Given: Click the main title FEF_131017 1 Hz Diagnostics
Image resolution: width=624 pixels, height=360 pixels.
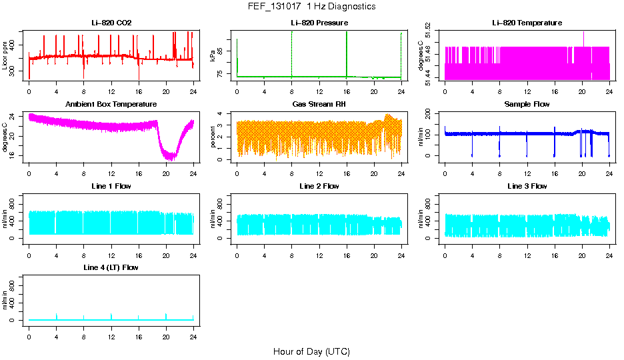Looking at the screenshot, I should tap(311, 7).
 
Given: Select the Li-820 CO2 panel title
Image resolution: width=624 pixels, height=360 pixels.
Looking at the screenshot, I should tap(111, 23).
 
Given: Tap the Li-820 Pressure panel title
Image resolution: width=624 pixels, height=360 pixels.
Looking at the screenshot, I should tap(319, 23).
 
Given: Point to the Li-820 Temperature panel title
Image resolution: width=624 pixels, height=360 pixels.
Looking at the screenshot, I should tap(527, 23).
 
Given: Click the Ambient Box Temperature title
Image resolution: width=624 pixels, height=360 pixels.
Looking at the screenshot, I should tap(111, 104).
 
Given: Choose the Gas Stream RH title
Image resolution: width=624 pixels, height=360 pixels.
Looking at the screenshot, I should tap(319, 104).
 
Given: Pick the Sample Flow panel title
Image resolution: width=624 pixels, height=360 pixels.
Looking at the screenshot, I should tap(527, 104).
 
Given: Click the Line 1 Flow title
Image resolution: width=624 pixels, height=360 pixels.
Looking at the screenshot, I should tap(111, 186).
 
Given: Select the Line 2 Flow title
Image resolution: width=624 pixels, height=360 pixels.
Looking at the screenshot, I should tap(319, 186).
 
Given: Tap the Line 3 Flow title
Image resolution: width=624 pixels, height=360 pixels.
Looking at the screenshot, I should tap(527, 186).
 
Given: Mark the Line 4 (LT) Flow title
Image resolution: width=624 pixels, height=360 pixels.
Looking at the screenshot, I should tap(111, 267).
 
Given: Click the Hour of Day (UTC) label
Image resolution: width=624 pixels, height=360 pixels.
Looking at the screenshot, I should tap(311, 351).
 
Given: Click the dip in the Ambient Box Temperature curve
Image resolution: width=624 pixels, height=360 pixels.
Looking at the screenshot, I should tap(171, 156).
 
